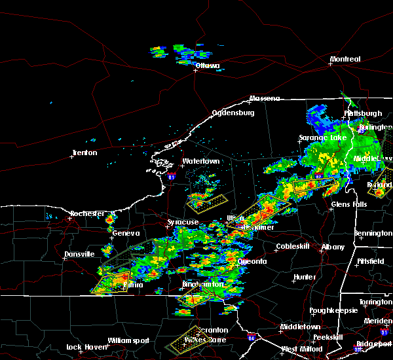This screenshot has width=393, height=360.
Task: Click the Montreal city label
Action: click(x=345, y=60)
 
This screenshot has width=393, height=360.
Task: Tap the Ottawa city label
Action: click(x=207, y=66)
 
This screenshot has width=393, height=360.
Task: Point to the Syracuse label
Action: click(x=183, y=223)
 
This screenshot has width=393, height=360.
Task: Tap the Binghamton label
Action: click(x=203, y=285)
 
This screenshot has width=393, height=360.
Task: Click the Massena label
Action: click(x=264, y=99)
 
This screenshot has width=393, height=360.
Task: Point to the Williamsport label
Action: click(x=128, y=340)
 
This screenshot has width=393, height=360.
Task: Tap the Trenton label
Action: click(x=84, y=153)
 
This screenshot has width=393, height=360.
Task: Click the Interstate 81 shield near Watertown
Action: click(x=172, y=176)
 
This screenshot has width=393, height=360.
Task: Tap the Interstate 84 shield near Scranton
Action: click(x=252, y=338)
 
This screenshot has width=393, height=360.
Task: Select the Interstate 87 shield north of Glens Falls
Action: click(x=318, y=177)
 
